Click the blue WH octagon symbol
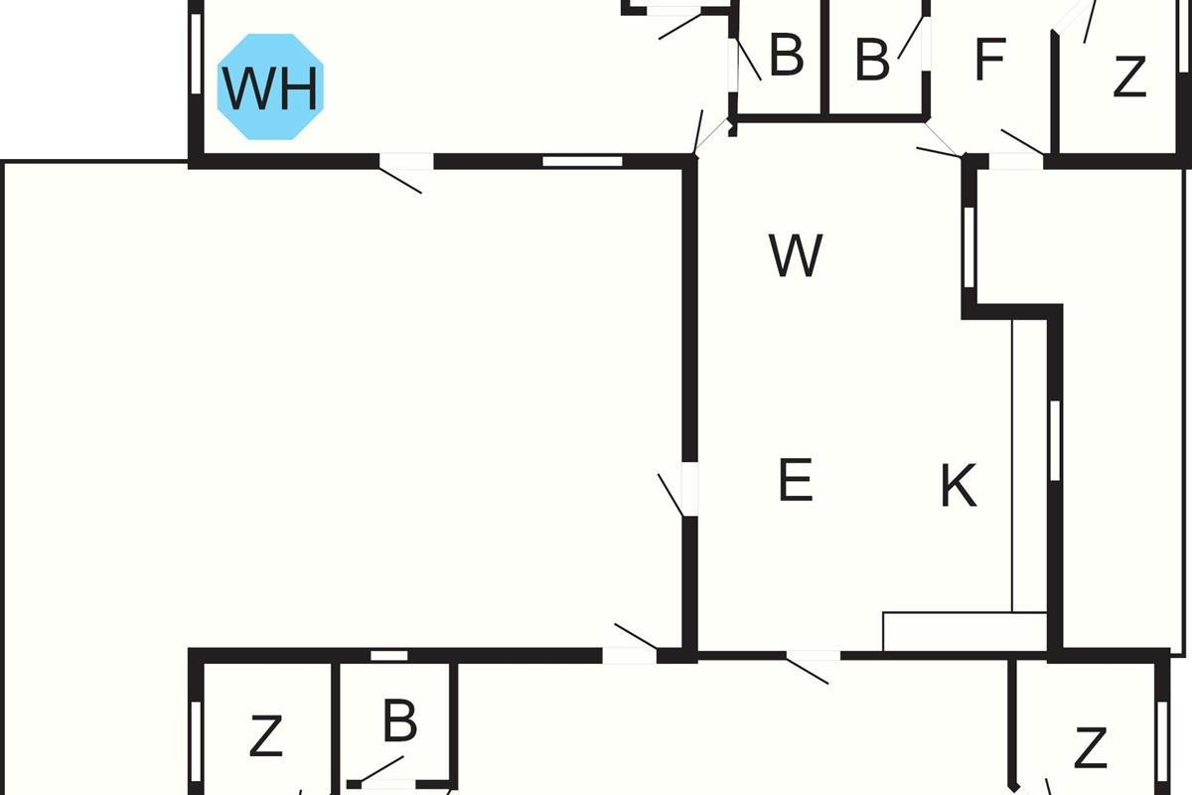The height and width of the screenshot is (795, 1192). [x=270, y=87]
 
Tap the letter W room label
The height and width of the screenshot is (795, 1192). [x=796, y=256]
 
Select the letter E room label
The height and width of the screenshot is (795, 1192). [x=795, y=481]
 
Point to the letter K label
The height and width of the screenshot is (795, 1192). [x=959, y=487]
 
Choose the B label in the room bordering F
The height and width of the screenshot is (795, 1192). [x=871, y=61]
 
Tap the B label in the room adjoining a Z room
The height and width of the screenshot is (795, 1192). [x=399, y=722]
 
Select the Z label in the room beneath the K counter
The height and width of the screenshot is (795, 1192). [x=1091, y=747]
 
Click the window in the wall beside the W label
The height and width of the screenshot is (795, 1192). [x=969, y=246]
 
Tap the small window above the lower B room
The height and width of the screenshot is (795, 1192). [x=389, y=655]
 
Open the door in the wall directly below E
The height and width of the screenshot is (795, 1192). [x=813, y=656]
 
